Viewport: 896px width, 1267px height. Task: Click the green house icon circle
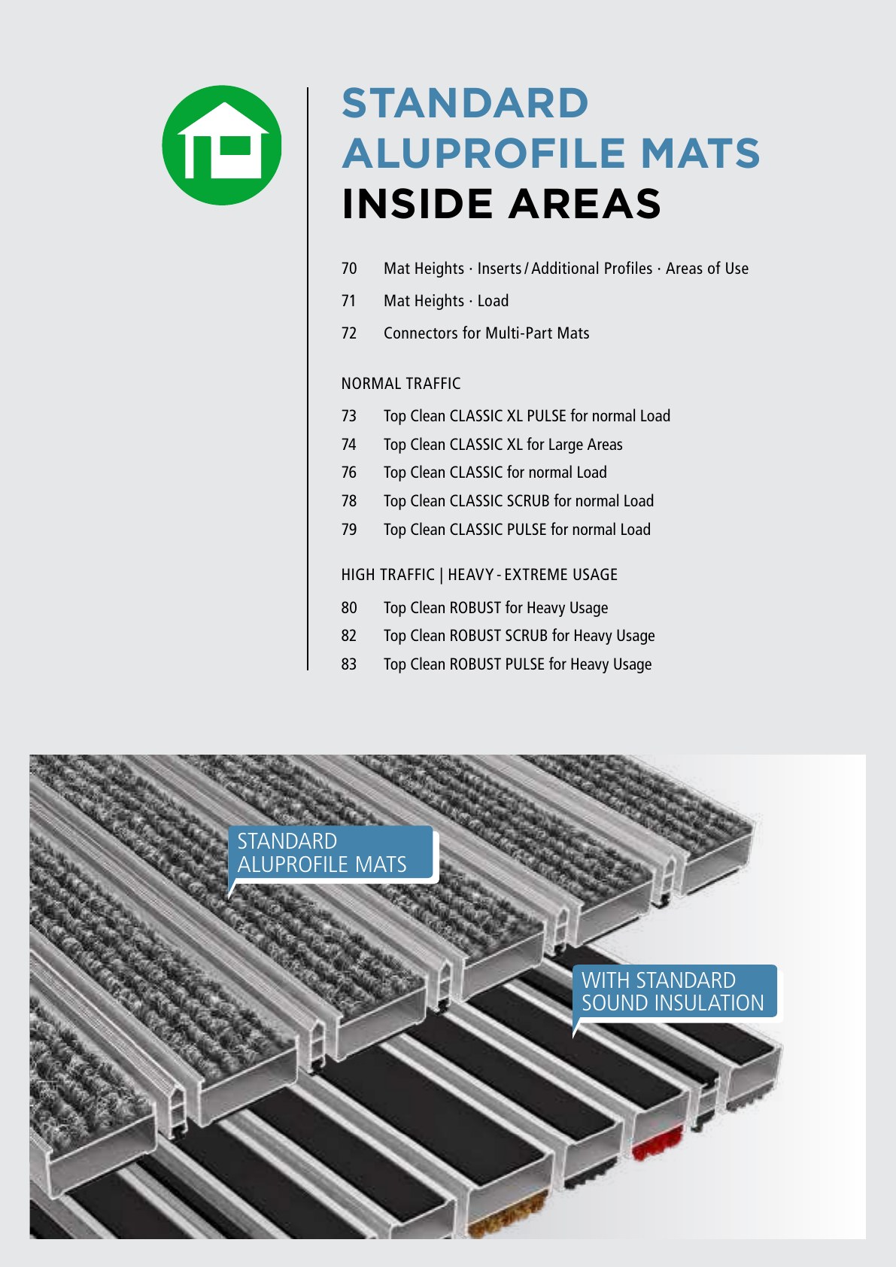tap(222, 144)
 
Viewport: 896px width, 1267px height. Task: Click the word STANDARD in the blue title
tap(465, 103)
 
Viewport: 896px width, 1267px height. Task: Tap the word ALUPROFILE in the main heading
tap(484, 153)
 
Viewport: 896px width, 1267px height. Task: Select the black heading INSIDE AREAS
tap(501, 204)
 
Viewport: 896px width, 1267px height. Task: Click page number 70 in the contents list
tap(349, 268)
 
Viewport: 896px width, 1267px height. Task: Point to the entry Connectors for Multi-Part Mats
tap(487, 333)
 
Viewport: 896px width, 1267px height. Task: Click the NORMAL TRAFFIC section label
tap(400, 384)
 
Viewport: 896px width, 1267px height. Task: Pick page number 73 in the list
tap(349, 416)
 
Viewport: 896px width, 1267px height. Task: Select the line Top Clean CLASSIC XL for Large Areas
tap(503, 445)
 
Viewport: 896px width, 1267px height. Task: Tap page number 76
tap(349, 472)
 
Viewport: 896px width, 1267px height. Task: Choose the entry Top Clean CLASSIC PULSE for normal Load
tap(517, 530)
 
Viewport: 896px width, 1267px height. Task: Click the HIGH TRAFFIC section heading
tap(479, 575)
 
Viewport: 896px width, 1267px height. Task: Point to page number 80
tap(349, 607)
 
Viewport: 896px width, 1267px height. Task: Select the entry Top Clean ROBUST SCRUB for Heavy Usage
tap(519, 636)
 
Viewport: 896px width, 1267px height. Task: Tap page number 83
tap(349, 664)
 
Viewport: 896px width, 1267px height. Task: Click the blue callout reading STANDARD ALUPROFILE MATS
tap(330, 853)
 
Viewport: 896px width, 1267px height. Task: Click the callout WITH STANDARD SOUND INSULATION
tap(674, 992)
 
